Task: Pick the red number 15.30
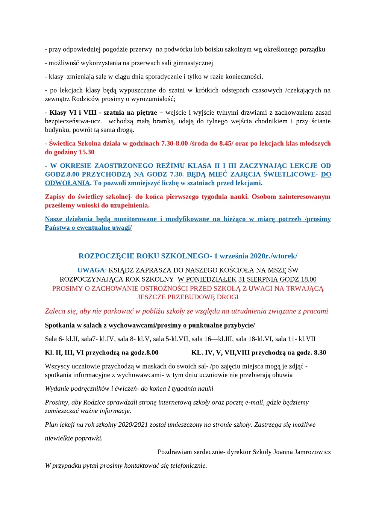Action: click(86, 152)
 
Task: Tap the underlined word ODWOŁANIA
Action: click(67, 183)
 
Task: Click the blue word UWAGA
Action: click(91, 270)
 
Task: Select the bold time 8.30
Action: click(319, 352)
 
